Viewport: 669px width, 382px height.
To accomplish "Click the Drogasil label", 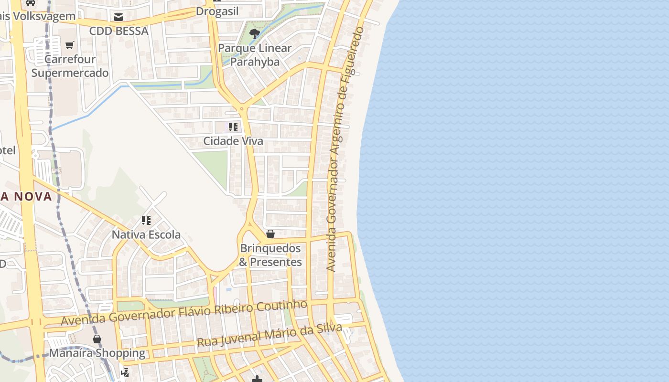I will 217,11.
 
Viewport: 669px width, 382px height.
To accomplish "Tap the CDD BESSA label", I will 119,31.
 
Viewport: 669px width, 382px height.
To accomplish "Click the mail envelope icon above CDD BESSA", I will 119,17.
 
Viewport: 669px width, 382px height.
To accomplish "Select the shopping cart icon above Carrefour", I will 70,45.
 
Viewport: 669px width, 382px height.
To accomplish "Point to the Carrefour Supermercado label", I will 70,66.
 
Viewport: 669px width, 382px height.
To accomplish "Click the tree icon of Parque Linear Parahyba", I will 255,33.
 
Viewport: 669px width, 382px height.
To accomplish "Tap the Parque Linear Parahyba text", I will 255,55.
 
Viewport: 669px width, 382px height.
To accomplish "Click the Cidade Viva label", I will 233,141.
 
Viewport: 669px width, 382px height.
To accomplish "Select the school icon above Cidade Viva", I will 233,127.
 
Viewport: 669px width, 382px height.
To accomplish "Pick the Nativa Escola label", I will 146,235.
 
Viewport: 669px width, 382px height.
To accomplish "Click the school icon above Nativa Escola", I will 146,221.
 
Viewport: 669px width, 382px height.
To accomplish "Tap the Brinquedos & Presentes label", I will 270,255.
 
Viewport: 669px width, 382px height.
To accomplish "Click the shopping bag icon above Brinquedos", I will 270,234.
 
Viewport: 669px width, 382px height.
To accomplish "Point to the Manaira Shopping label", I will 97,353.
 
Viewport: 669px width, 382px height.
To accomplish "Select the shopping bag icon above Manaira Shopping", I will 97,339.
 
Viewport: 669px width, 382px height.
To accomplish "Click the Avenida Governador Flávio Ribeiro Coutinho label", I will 184,313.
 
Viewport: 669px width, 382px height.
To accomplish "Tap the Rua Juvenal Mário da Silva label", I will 269,336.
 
